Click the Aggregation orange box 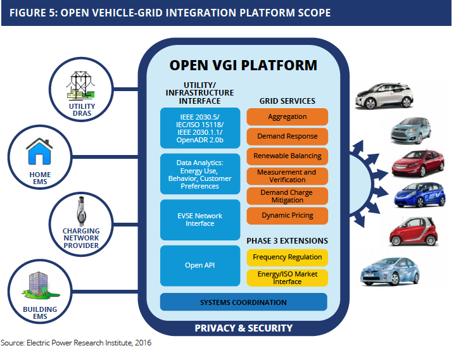[x=287, y=117]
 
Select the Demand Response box [x=287, y=136]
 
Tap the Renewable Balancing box [x=287, y=156]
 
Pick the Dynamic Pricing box [x=287, y=216]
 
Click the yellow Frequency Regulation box [x=287, y=257]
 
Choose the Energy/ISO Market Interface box [x=287, y=278]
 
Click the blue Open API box [x=200, y=265]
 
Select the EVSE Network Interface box [x=200, y=220]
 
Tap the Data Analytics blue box [x=200, y=173]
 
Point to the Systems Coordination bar [x=243, y=302]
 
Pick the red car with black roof [x=413, y=231]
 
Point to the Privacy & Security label [x=243, y=328]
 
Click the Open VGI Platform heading [x=243, y=65]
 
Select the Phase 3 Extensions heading [x=287, y=240]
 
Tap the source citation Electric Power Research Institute [x=76, y=344]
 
